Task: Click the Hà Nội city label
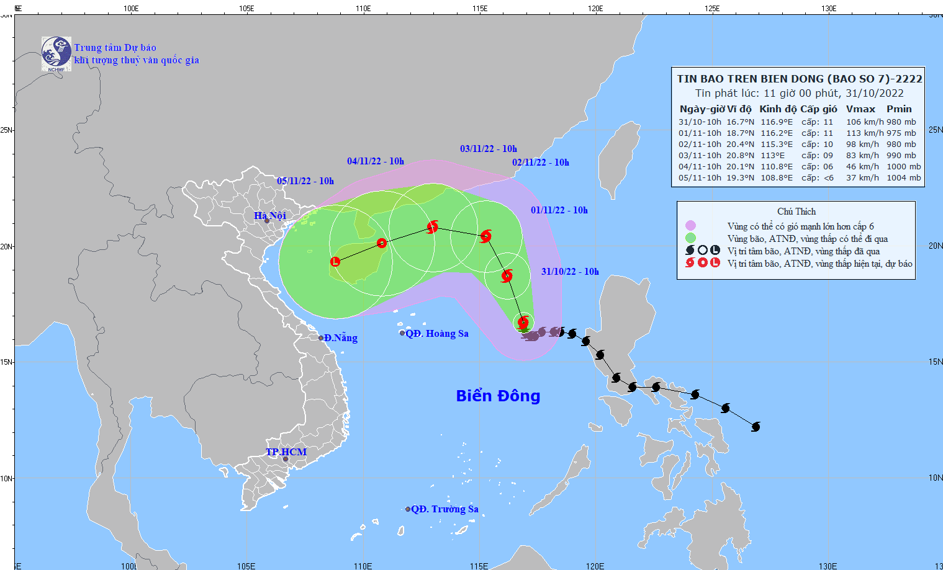click(x=270, y=215)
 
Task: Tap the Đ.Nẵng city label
click(x=341, y=338)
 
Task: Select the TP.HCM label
click(x=286, y=452)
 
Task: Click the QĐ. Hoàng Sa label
click(x=437, y=334)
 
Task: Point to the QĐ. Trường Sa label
click(x=444, y=509)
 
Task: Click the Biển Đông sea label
click(x=498, y=396)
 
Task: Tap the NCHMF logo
click(x=56, y=54)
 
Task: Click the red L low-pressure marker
click(x=335, y=262)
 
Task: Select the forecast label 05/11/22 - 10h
click(x=305, y=181)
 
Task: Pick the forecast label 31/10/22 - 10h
click(x=570, y=272)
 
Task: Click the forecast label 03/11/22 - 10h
click(x=489, y=149)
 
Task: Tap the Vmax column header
click(x=860, y=109)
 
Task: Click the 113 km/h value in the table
click(x=865, y=133)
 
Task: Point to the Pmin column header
click(x=899, y=109)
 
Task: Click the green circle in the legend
click(x=690, y=238)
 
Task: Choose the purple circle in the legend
click(x=690, y=226)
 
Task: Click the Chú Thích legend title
click(x=796, y=212)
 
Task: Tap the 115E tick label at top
click(x=479, y=9)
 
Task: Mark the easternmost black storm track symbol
click(x=756, y=427)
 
